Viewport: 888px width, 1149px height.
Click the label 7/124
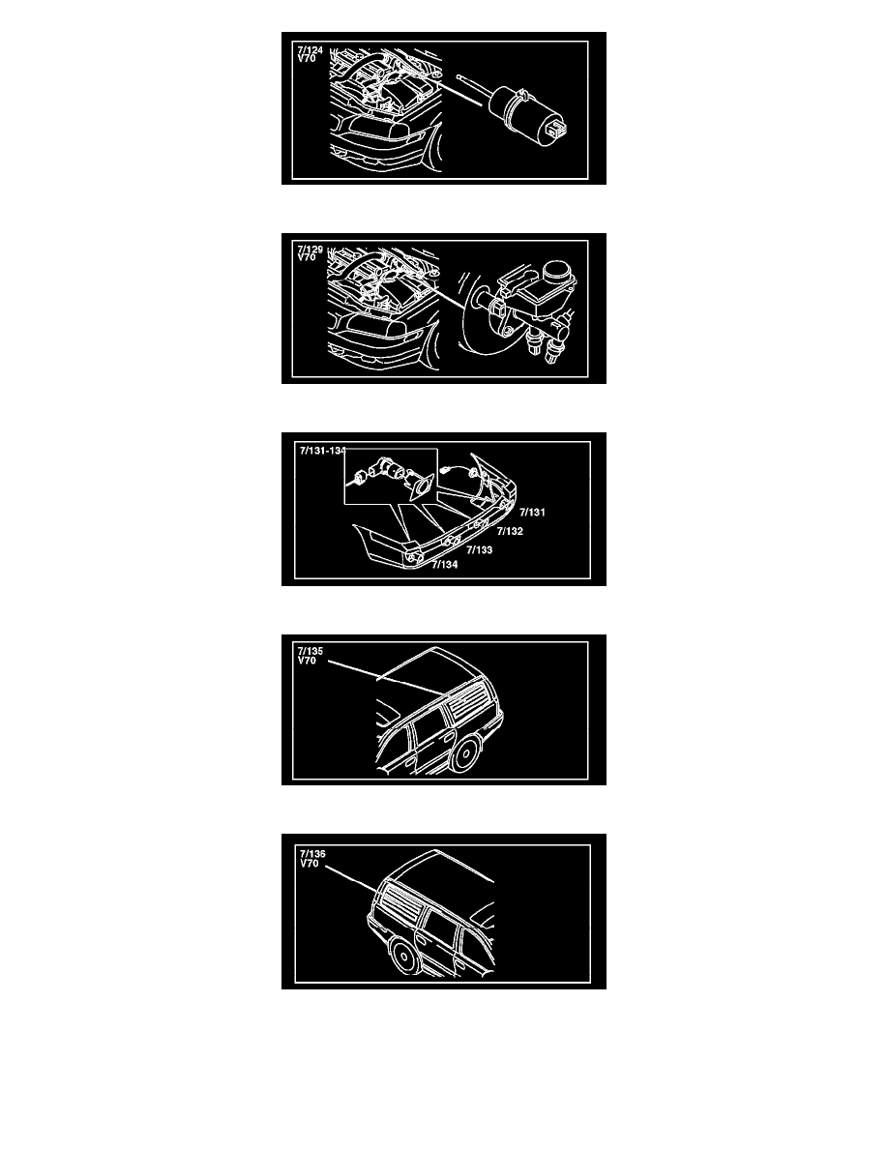310,50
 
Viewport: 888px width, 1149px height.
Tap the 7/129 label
310,250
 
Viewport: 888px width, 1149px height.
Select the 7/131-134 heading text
322,451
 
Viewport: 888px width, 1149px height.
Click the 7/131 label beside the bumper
533,513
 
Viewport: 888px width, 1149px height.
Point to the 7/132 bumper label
510,531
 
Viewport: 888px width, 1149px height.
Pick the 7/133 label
480,549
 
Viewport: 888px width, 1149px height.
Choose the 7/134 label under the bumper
445,564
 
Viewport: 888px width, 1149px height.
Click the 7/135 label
310,651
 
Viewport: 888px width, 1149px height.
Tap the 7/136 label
312,854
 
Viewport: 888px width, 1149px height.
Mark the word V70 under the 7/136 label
310,864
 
